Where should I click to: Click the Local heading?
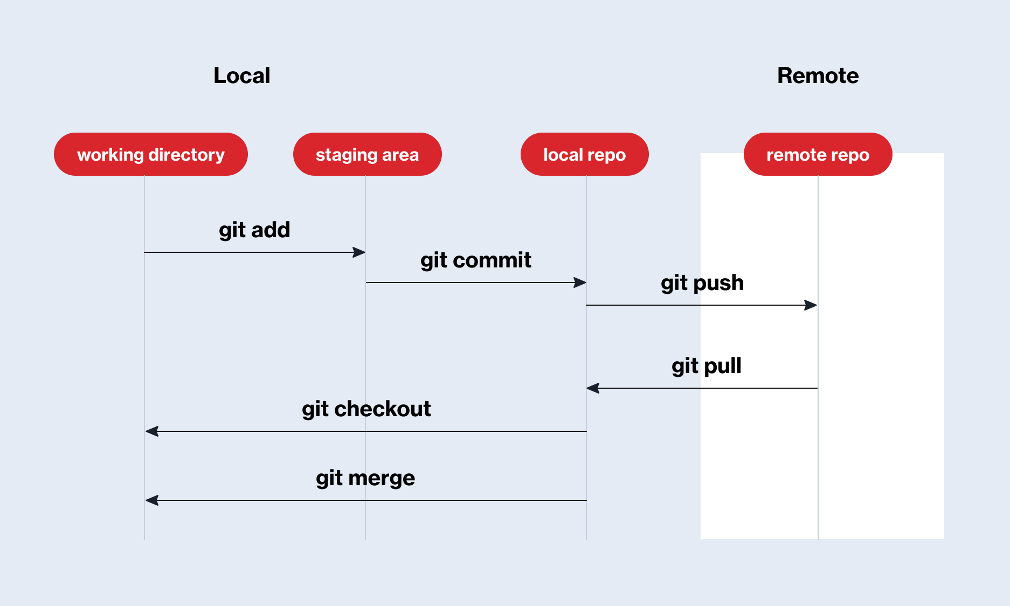point(241,75)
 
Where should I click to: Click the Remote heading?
point(818,75)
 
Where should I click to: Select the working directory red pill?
point(150,154)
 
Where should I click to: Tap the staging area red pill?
point(367,154)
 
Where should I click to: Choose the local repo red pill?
point(584,154)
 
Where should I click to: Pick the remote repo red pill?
point(818,154)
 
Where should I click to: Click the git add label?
point(254,230)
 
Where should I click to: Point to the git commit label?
point(475,260)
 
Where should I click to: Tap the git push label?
point(702,283)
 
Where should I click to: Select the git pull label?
point(706,366)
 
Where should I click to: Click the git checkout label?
point(366,409)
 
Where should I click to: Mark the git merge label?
point(365,478)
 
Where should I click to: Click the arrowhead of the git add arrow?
point(359,252)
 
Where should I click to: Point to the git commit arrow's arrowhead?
point(580,283)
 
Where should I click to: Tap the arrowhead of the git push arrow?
point(811,305)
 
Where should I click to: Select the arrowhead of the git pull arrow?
point(593,388)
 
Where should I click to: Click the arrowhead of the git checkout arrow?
point(152,431)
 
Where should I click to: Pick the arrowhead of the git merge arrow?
point(152,500)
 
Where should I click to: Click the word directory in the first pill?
point(186,155)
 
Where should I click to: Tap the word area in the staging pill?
point(400,155)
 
